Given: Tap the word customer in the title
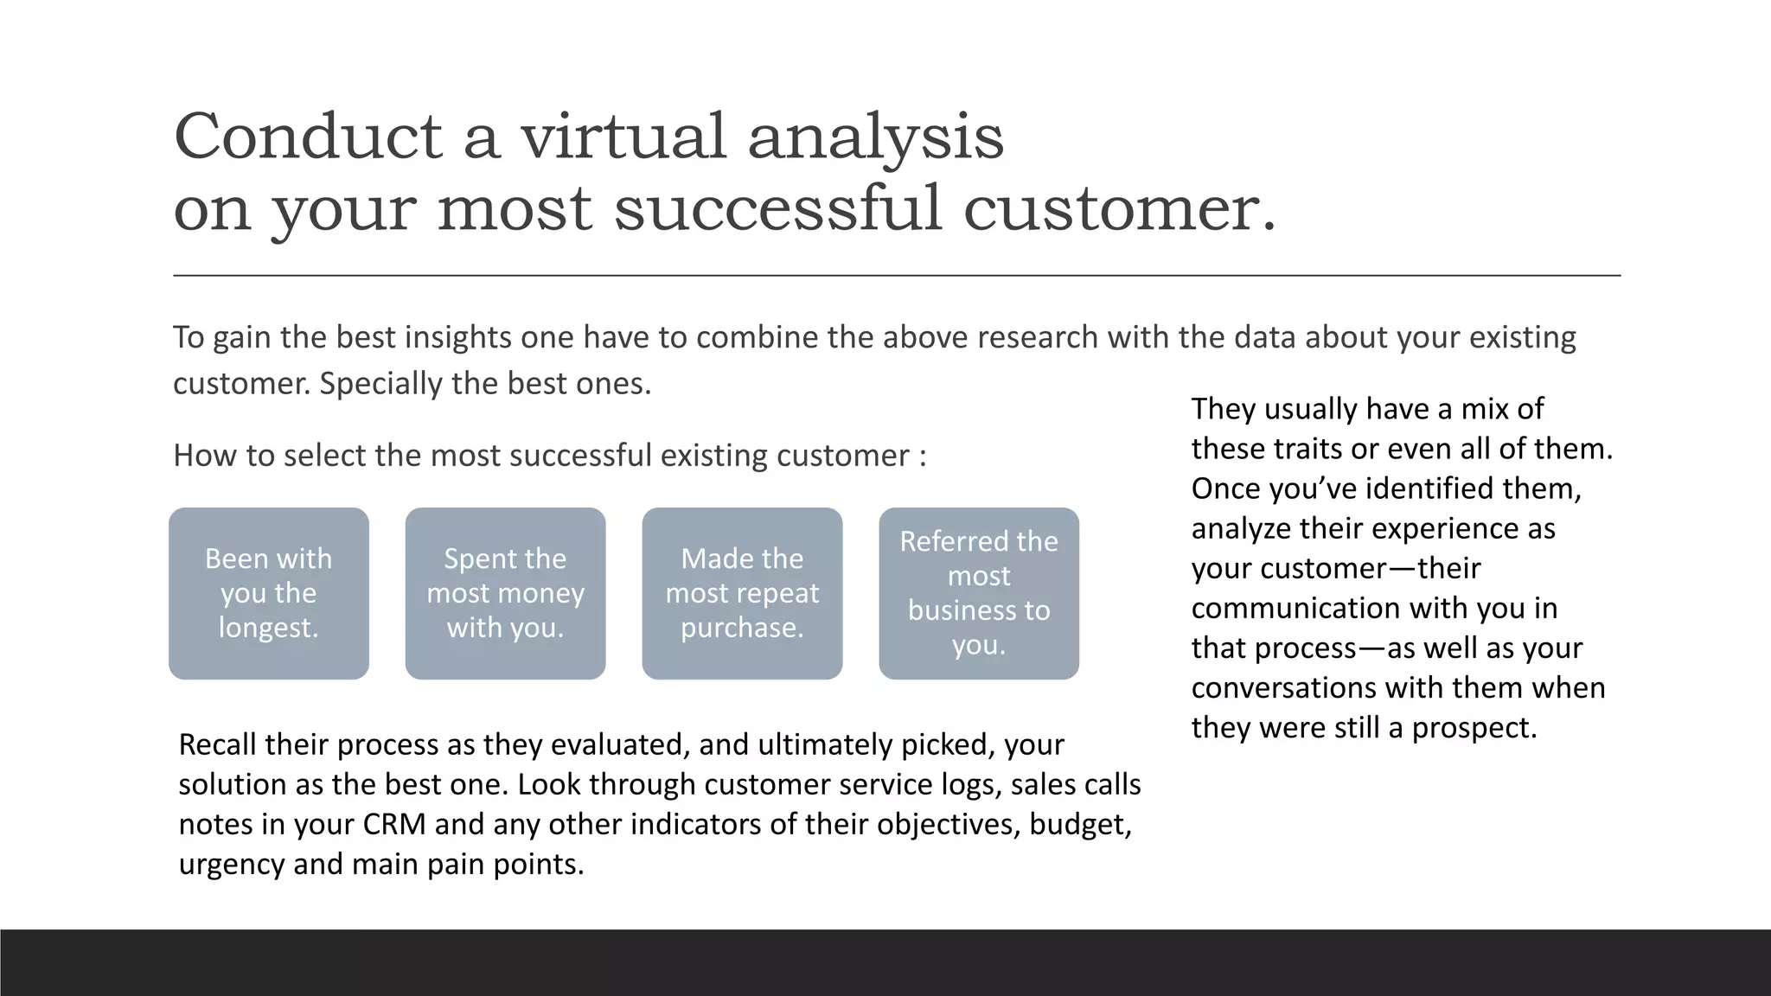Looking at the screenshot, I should point(1118,209).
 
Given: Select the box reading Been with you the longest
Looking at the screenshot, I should point(269,593).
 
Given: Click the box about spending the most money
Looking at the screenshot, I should point(505,593).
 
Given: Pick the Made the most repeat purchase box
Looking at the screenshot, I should point(742,593).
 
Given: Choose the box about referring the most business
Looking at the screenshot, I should point(979,593).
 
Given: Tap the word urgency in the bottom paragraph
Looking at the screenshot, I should point(231,864).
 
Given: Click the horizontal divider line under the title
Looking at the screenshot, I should point(896,276).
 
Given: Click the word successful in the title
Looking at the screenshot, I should point(777,209).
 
